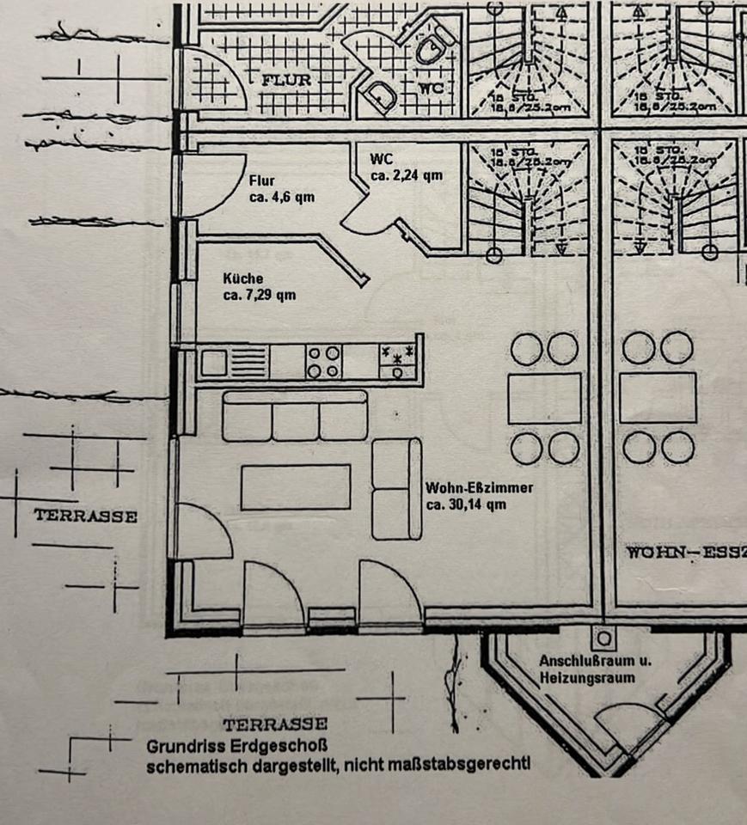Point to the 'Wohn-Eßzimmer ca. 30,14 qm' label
(x=479, y=496)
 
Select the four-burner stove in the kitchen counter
(x=323, y=361)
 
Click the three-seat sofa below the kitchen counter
(x=295, y=416)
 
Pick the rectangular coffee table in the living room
(x=296, y=487)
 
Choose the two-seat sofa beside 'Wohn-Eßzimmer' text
(x=397, y=489)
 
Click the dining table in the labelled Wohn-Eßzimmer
(x=544, y=398)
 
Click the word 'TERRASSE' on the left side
(x=85, y=516)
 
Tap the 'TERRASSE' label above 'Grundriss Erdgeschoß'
(x=274, y=724)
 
